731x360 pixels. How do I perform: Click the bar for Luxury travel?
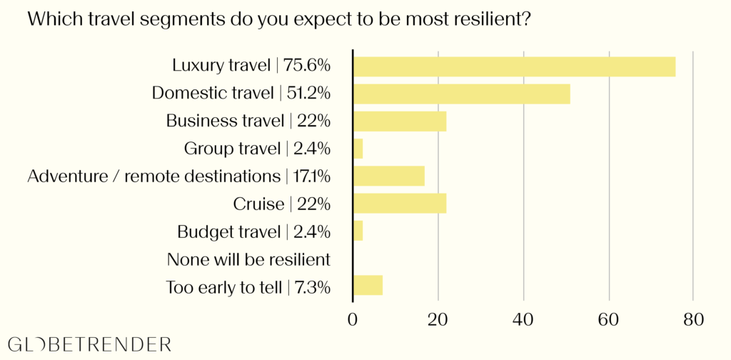coord(514,66)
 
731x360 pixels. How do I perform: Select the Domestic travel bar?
coord(462,94)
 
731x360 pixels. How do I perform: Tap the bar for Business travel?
coord(400,121)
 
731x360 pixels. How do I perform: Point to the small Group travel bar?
coord(358,149)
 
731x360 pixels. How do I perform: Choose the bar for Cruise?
coord(400,204)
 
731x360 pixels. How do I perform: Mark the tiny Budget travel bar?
coord(358,231)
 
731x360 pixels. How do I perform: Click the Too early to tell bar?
coord(368,286)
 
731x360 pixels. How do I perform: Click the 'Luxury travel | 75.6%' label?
coord(251,66)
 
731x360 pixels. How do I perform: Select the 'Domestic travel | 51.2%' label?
coord(241,94)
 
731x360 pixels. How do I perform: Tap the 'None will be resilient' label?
coord(248,259)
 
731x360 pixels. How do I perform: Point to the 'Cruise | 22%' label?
coord(282,204)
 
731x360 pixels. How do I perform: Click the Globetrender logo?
coord(90,344)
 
